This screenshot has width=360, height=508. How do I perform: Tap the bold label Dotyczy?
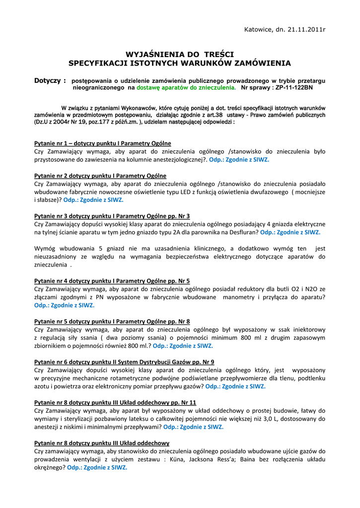50,80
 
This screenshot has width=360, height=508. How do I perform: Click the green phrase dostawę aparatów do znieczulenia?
186,87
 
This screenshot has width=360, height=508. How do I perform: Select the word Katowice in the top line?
259,29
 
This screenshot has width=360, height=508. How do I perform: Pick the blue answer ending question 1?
239,160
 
